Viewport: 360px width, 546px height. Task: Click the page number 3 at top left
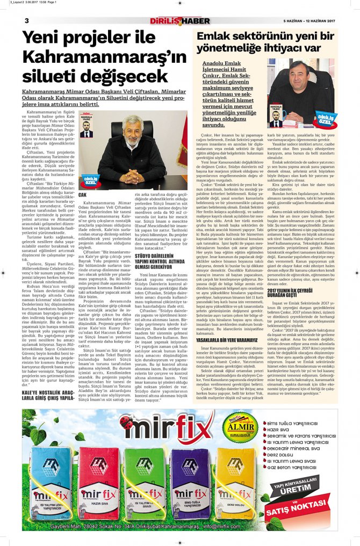pos(26,20)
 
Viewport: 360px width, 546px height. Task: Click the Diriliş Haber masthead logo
pos(179,21)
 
